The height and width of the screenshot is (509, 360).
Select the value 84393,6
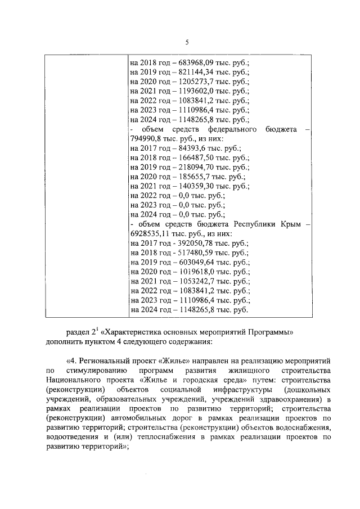[184, 148]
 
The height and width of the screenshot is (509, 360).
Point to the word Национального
[71, 380]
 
